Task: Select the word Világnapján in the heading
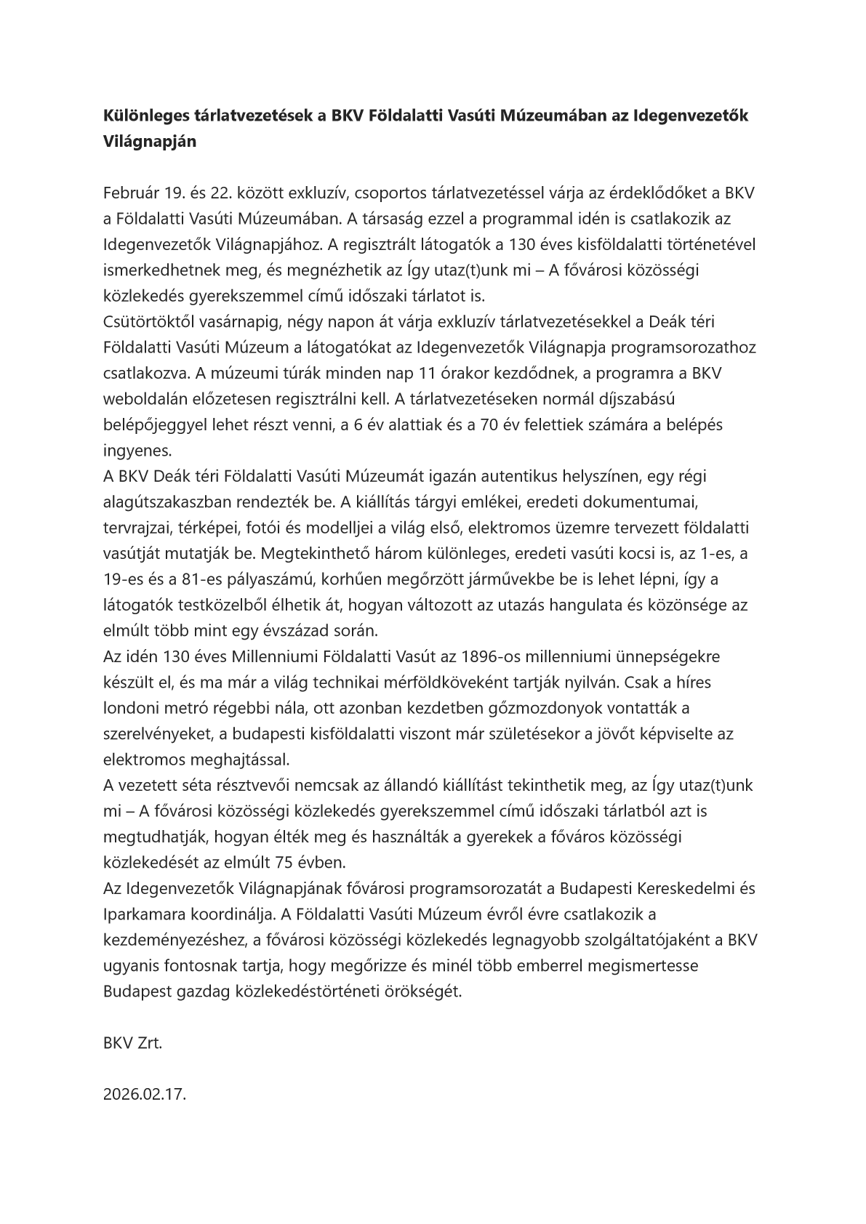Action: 149,142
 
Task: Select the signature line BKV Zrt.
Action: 132,1043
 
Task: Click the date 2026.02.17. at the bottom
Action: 145,1094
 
